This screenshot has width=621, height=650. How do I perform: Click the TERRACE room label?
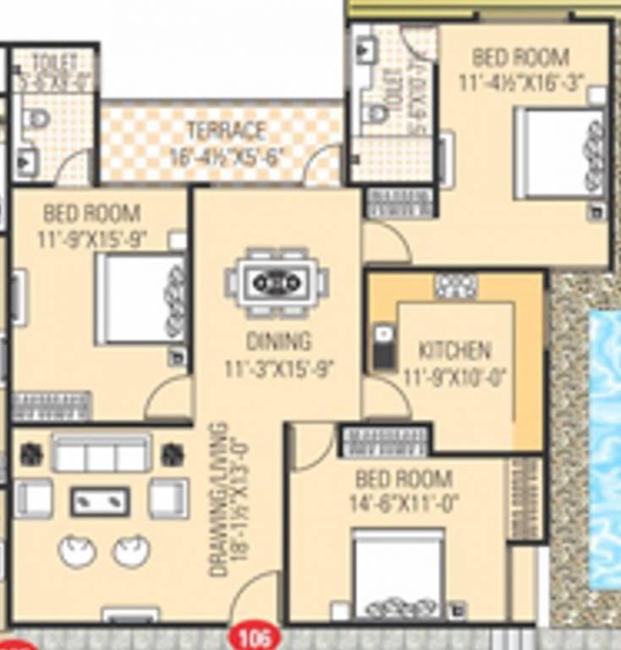(226, 131)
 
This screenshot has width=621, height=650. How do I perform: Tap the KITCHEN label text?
(454, 350)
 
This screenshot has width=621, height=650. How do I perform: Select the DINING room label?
(278, 341)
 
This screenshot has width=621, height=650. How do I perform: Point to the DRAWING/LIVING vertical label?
(219, 499)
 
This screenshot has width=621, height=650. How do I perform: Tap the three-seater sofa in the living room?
(101, 455)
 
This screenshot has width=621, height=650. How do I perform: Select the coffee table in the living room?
(100, 501)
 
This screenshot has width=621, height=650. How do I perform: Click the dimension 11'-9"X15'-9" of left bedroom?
(92, 240)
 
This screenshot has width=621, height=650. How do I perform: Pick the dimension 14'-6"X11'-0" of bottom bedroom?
(404, 504)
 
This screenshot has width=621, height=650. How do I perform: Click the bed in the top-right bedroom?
(560, 153)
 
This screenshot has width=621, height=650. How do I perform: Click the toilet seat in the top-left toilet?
(36, 118)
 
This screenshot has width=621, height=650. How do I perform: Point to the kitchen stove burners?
(456, 285)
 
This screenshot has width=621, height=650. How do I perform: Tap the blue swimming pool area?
(604, 449)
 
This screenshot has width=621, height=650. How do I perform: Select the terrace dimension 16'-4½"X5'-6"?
(226, 157)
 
